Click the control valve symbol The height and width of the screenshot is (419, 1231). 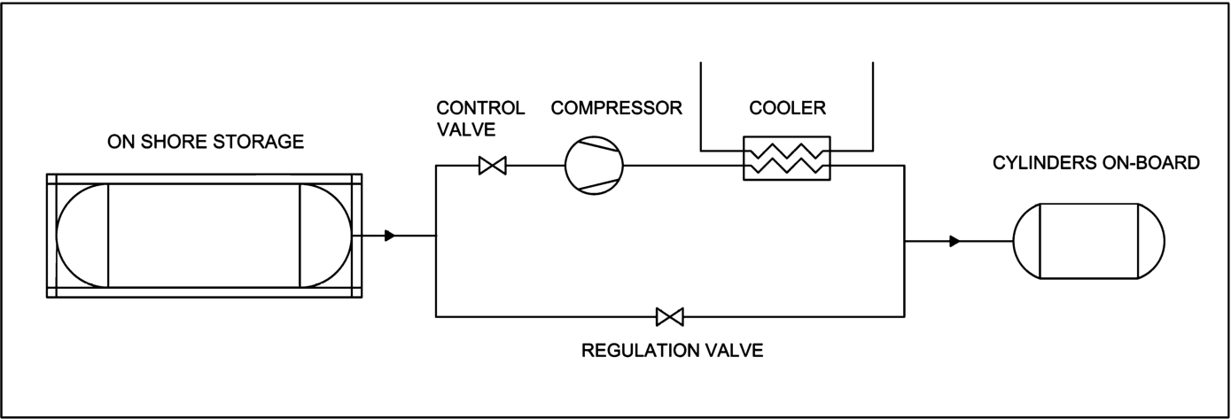pos(493,166)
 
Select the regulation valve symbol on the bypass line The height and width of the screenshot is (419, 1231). pos(670,317)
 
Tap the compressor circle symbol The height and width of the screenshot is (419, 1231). pos(594,166)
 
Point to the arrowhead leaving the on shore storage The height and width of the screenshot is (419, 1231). pos(390,236)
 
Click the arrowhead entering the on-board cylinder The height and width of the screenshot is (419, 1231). pos(954,241)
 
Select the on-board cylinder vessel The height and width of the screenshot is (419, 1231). pos(1088,241)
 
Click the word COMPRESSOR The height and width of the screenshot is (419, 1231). pos(617,108)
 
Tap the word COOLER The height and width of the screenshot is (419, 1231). pos(788,108)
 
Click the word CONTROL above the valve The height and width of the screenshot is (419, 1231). pos(481,108)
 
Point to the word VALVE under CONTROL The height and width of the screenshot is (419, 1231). pos(466,129)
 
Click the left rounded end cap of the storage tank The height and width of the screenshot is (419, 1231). pos(57,236)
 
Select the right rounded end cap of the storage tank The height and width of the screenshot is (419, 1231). pos(351,236)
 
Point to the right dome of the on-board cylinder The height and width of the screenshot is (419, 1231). pos(1164,241)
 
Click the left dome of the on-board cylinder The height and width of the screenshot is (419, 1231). pos(1014,241)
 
